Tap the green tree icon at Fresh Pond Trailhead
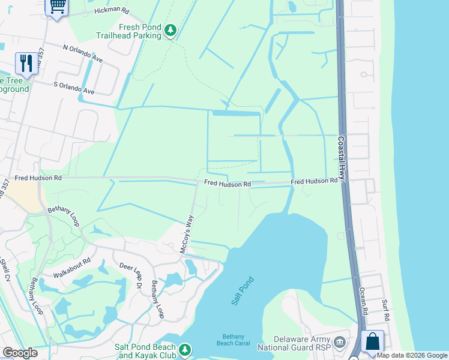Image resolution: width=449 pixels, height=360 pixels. point(170,30)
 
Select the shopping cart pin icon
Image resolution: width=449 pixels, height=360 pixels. point(56,7)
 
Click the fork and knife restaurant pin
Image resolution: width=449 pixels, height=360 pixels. point(26,62)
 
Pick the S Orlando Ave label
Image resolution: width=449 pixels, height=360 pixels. point(74,88)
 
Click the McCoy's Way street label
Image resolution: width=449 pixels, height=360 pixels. point(188,234)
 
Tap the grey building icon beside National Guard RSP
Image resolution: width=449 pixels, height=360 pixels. point(340,343)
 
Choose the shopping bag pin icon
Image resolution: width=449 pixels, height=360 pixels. point(372,341)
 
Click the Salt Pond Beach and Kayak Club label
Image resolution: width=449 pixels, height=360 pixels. point(146,351)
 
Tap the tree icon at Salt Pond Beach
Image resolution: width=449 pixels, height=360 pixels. point(185,349)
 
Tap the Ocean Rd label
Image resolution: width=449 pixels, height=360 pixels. point(363,300)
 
